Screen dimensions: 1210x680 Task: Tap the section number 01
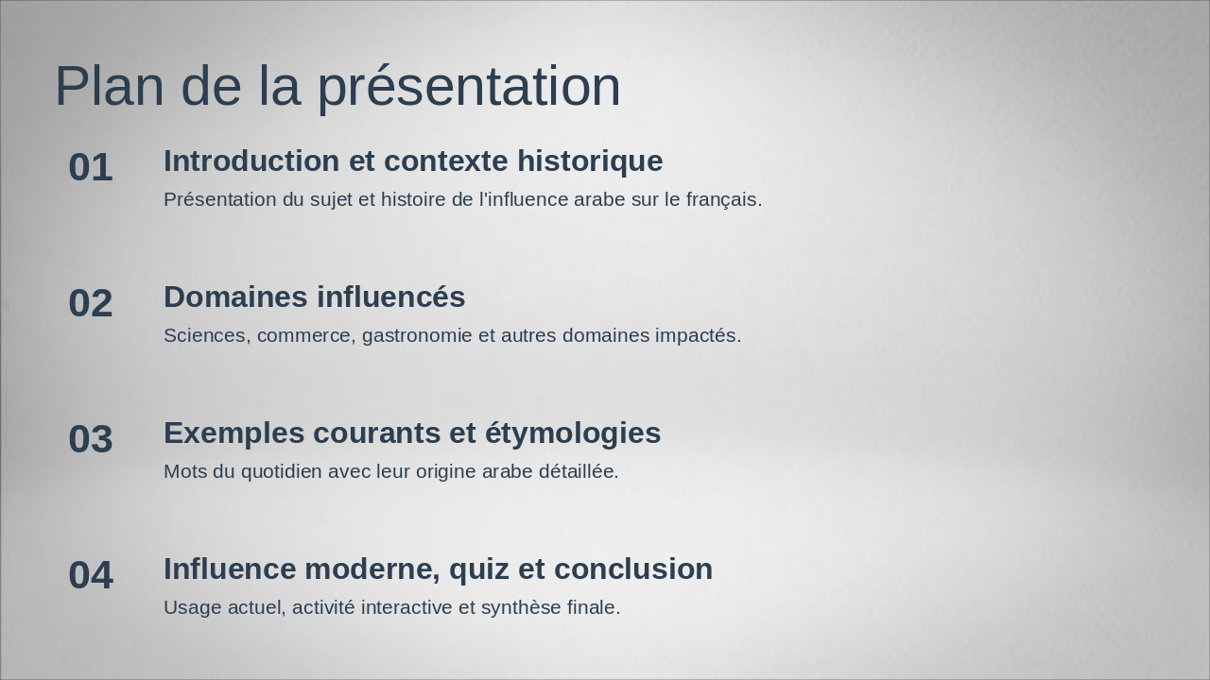coord(91,167)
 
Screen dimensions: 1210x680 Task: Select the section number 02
coord(91,303)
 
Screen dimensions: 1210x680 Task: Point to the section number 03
coord(91,439)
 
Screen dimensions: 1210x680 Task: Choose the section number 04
coord(91,575)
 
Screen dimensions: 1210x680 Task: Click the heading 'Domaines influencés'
coord(315,297)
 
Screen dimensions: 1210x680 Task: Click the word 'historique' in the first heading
coord(590,161)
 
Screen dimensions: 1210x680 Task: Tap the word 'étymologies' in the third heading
coord(573,433)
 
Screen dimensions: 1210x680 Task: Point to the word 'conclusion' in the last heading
coord(633,569)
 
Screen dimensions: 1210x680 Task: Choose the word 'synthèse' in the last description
coord(521,608)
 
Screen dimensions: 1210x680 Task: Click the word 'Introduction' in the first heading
coord(251,161)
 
